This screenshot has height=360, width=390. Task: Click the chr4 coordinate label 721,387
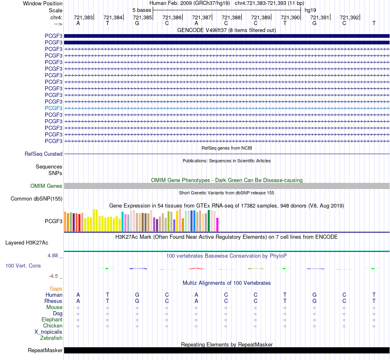[x=202, y=17]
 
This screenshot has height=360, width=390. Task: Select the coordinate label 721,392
[x=349, y=17]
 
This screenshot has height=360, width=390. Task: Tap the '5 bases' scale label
[x=142, y=10]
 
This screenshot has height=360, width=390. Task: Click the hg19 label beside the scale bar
[x=310, y=10]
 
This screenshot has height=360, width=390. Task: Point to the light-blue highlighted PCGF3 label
[x=53, y=108]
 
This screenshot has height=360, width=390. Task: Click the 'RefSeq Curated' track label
[x=44, y=154]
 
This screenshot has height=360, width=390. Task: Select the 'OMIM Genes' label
[x=46, y=186]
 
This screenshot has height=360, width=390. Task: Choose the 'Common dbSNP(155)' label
[x=37, y=198]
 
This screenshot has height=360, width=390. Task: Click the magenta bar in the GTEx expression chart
[x=218, y=224]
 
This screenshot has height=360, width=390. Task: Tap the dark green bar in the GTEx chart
[x=209, y=221]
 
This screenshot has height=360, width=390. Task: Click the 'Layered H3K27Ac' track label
[x=27, y=243]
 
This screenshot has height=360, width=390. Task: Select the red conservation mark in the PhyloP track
[x=196, y=269]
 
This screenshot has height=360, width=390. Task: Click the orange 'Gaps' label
[x=56, y=288]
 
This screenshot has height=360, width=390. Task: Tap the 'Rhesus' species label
[x=53, y=301]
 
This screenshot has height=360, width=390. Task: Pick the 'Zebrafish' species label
[x=51, y=338]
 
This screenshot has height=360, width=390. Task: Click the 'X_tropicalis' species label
[x=48, y=332]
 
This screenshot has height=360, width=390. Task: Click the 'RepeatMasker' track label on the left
[x=45, y=350]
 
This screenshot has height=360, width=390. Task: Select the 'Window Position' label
[x=43, y=3]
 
